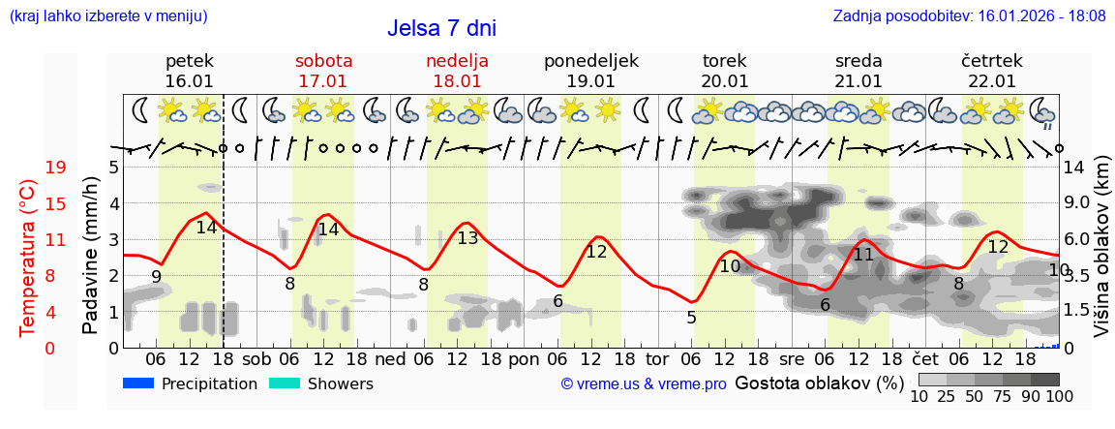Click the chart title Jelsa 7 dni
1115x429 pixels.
tap(441, 28)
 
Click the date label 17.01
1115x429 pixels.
tap(323, 81)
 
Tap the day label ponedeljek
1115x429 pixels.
tap(590, 61)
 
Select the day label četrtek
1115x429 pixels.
tap(992, 61)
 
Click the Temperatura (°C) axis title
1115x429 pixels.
tap(28, 257)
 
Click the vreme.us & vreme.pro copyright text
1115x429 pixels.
tap(644, 384)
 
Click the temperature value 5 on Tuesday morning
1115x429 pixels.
tap(691, 317)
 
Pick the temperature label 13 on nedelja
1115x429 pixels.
tap(467, 238)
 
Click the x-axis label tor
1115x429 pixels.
tap(657, 356)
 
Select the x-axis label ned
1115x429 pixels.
tap(390, 356)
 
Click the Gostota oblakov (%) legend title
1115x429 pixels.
tap(811, 383)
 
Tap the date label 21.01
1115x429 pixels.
tap(859, 81)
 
